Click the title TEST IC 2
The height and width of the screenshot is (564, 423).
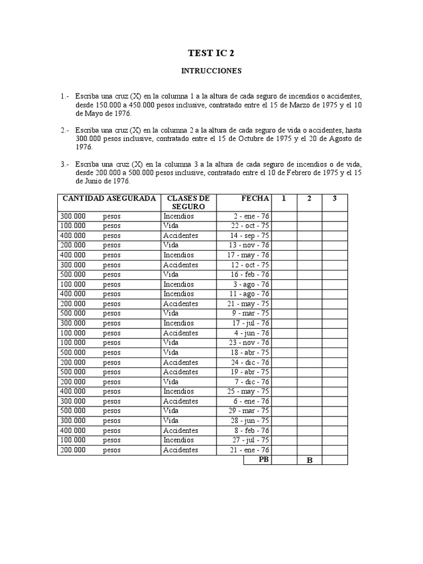pos(211,53)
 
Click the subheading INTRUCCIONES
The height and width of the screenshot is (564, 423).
pos(211,71)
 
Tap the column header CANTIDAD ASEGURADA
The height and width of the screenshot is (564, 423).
pos(109,198)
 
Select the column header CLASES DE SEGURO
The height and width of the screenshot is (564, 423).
pos(188,202)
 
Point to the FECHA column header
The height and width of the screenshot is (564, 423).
pos(255,198)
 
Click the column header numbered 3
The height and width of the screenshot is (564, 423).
pos(334,198)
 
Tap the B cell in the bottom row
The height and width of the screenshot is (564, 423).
pos(310,460)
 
